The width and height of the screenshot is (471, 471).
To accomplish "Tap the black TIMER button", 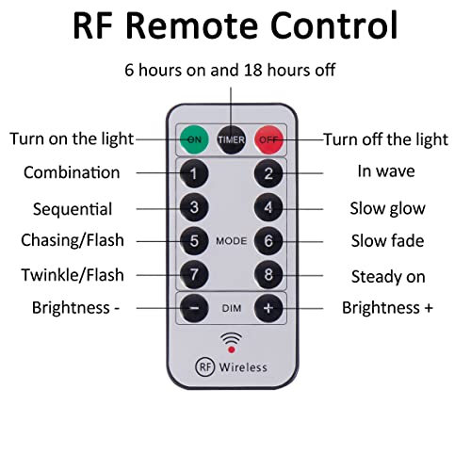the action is (x=232, y=139).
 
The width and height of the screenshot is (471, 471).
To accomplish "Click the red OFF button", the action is (x=268, y=139).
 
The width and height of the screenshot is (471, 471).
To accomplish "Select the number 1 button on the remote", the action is (x=194, y=173).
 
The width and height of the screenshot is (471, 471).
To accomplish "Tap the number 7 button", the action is (x=194, y=275).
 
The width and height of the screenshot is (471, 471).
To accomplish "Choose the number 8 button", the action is (x=268, y=275).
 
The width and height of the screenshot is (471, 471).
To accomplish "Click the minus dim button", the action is (x=194, y=308).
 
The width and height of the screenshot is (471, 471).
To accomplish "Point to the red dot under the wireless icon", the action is (x=232, y=349).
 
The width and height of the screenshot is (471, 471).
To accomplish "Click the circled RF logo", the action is (x=204, y=366).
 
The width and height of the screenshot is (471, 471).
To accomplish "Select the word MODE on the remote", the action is (x=232, y=241).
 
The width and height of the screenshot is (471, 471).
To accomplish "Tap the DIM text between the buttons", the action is (x=232, y=309).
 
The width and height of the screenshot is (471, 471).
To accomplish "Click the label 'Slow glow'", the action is (x=387, y=209).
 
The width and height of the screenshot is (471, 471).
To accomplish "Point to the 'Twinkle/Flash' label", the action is (x=73, y=275).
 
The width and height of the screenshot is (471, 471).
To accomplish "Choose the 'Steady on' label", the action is (x=388, y=277).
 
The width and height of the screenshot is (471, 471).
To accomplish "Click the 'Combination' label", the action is (x=72, y=172).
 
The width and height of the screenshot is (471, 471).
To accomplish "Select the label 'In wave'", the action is (x=386, y=171).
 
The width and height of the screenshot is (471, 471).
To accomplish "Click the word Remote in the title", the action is (x=191, y=25).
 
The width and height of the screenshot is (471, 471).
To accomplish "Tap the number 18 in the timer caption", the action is (x=253, y=70).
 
